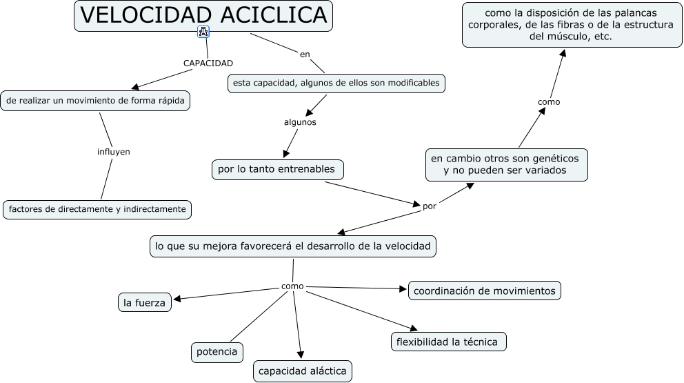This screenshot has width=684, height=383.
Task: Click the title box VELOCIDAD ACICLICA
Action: pyautogui.click(x=203, y=16)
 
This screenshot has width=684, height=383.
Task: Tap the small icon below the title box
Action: pyautogui.click(x=203, y=32)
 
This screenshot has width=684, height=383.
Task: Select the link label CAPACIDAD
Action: pyautogui.click(x=208, y=63)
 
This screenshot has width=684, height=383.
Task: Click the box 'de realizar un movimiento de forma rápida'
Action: pyautogui.click(x=95, y=101)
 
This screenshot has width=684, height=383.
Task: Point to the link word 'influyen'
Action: pyautogui.click(x=114, y=151)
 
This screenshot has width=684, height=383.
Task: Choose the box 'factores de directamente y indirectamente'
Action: pyautogui.click(x=97, y=209)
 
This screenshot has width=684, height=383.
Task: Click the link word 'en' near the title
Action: pyautogui.click(x=305, y=54)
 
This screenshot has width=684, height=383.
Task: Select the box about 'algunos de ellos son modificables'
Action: pyautogui.click(x=336, y=84)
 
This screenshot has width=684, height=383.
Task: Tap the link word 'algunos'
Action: pyautogui.click(x=300, y=121)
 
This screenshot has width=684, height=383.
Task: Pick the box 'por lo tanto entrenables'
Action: pyautogui.click(x=276, y=169)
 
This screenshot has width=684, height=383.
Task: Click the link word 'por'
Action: pyautogui.click(x=429, y=205)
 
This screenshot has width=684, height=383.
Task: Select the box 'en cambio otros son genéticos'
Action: pyautogui.click(x=506, y=164)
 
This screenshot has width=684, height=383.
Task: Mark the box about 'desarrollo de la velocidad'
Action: pyautogui.click(x=293, y=246)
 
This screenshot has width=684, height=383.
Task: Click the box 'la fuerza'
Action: pyautogui.click(x=144, y=302)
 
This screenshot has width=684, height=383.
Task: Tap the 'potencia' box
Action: pyautogui.click(x=217, y=352)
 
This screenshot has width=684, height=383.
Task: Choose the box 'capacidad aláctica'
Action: pyautogui.click(x=303, y=371)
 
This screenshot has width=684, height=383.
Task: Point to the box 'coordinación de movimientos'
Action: pyautogui.click(x=484, y=291)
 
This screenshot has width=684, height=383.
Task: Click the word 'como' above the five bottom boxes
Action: pyautogui.click(x=292, y=286)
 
